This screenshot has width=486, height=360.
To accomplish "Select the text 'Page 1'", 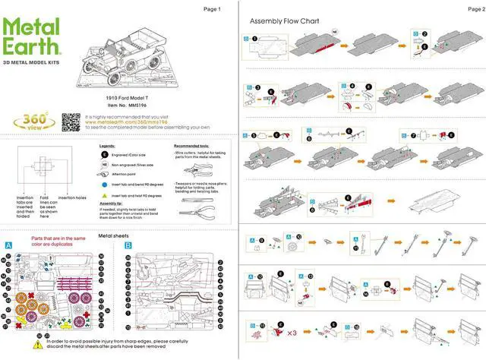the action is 212,9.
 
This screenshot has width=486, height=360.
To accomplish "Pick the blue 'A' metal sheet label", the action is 8,245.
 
